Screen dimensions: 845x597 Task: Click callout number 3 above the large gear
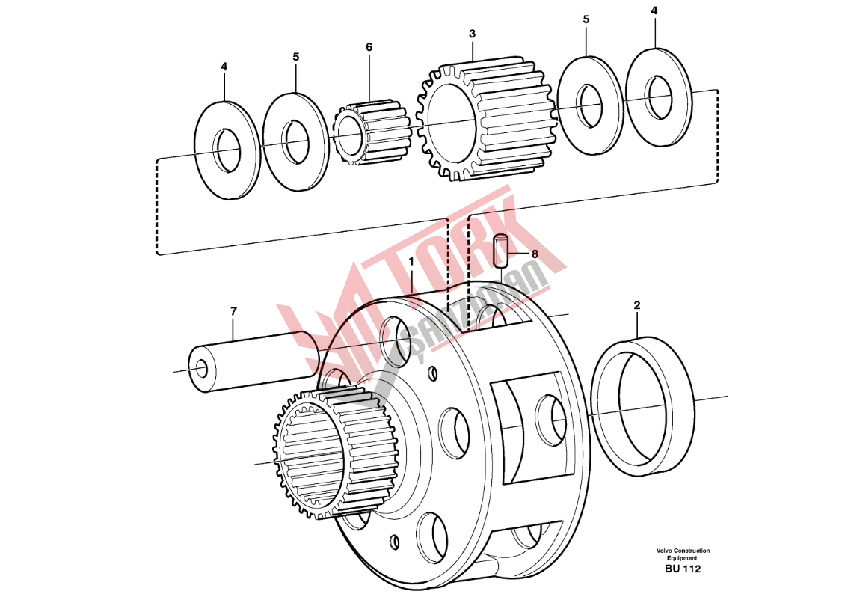point(472,34)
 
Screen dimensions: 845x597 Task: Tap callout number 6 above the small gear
point(369,47)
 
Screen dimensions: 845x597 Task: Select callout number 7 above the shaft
point(233,312)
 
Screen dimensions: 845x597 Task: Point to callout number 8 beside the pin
point(535,254)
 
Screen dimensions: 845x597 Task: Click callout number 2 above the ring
point(637,305)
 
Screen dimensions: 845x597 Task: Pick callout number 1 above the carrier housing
point(411,262)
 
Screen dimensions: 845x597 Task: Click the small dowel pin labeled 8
point(501,250)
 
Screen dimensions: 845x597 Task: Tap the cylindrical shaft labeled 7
point(254,361)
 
